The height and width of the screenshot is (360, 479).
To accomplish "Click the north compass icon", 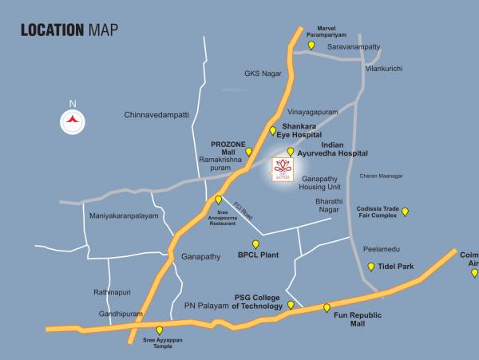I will (73, 120).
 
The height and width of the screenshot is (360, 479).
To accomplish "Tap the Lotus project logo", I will (283, 169).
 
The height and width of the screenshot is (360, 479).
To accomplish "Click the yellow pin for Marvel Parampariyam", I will (311, 45).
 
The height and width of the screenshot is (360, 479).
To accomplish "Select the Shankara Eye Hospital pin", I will (272, 131).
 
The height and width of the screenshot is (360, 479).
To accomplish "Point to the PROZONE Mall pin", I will (248, 151).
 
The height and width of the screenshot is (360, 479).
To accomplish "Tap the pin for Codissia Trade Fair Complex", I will (405, 212).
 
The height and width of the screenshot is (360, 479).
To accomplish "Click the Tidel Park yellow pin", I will (370, 267).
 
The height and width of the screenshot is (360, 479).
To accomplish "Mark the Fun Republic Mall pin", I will (327, 307).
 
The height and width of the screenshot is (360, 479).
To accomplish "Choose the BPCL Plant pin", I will (255, 244).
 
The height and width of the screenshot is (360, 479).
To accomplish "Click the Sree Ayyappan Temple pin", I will (159, 330).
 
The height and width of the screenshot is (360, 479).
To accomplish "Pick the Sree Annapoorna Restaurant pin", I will (218, 200).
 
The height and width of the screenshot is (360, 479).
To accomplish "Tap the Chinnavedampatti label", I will (156, 115).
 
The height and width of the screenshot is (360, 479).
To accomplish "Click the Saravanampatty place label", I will (357, 47).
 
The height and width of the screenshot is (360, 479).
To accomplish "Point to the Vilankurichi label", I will (383, 69).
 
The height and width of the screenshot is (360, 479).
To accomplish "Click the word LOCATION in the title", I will (52, 31).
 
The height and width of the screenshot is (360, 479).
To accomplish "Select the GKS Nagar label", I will (263, 73).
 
